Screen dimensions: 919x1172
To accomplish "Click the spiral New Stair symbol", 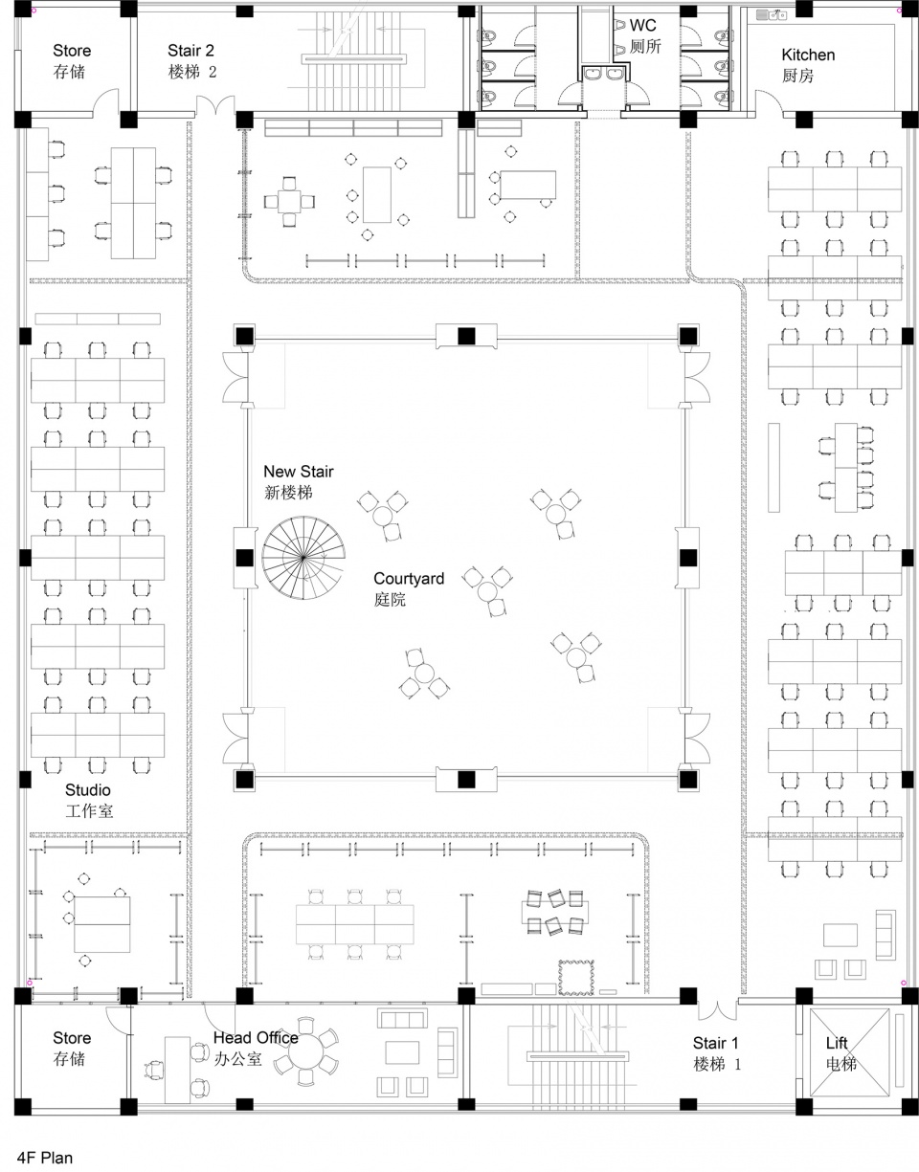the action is [x=303, y=557].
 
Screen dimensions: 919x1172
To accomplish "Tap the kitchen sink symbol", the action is [x=772, y=14].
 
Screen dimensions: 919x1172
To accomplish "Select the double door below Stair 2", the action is [x=215, y=105].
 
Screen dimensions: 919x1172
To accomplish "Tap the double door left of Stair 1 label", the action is [x=717, y=1010].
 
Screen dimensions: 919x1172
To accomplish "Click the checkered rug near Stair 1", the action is [x=575, y=977].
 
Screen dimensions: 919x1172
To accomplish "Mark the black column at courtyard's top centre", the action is [x=466, y=336].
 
